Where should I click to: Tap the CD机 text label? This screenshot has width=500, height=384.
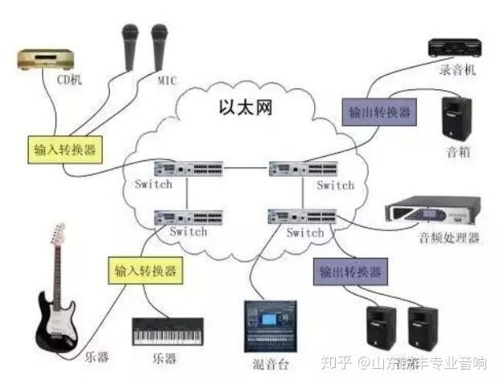tap(69, 81)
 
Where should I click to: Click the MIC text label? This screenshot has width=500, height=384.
tap(166, 81)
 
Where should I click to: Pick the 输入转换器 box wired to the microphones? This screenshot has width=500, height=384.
tap(64, 149)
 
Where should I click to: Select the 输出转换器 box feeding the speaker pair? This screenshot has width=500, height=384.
tap(350, 271)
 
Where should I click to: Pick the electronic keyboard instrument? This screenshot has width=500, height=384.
tap(167, 331)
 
